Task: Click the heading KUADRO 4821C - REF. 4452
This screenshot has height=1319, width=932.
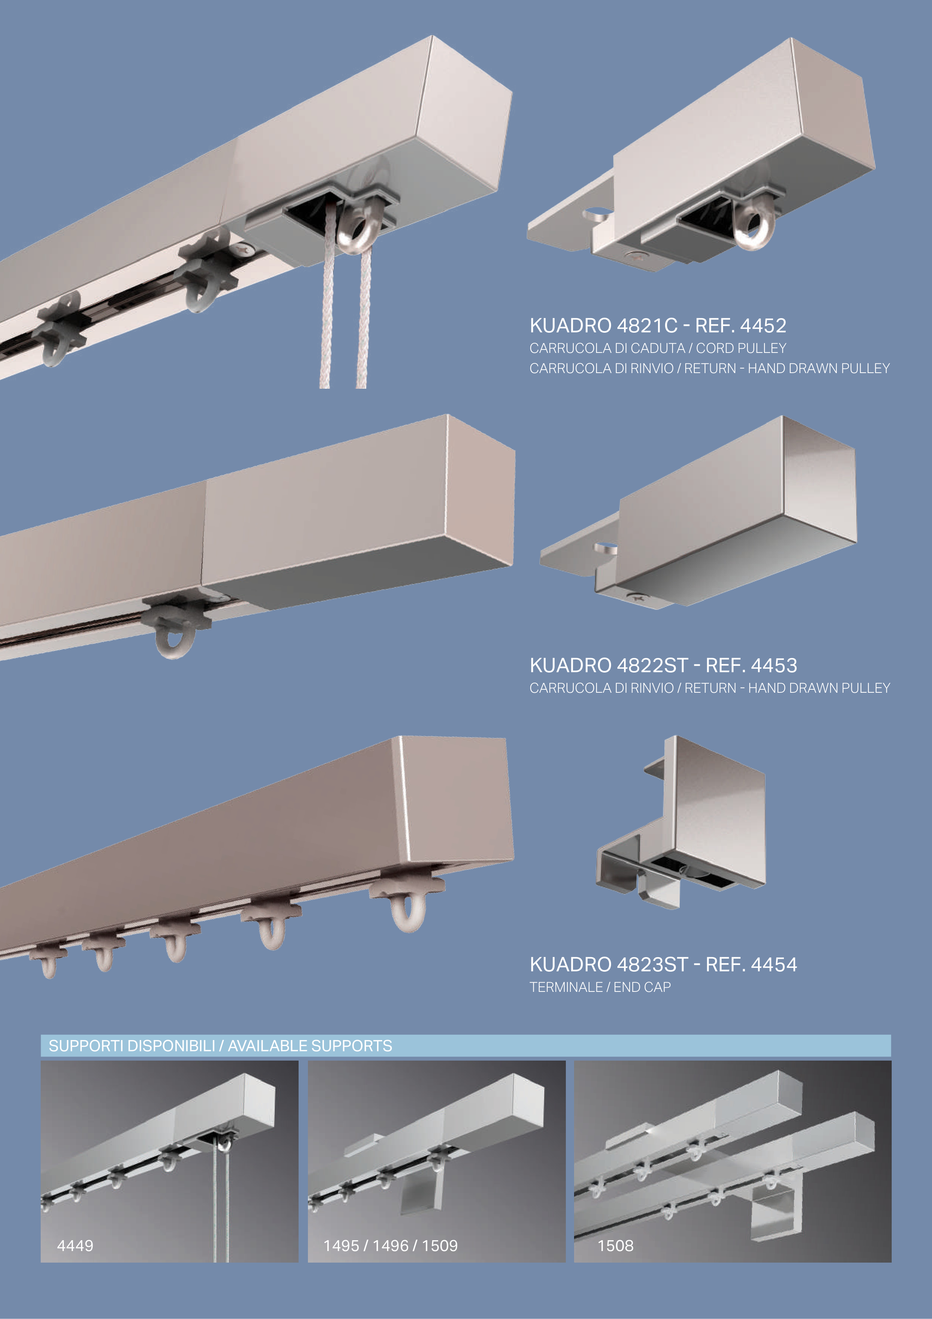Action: pyautogui.click(x=658, y=326)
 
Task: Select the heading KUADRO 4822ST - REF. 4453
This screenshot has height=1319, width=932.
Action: pyautogui.click(x=663, y=665)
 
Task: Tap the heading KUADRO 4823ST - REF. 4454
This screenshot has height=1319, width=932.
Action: pyautogui.click(x=663, y=965)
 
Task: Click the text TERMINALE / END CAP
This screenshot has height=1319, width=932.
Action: pyautogui.click(x=600, y=987)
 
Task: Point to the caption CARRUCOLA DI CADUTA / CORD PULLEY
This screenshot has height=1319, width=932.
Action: pyautogui.click(x=658, y=348)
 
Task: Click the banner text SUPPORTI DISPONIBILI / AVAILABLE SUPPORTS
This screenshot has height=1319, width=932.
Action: pyautogui.click(x=221, y=1046)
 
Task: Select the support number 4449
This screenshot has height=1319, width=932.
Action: pyautogui.click(x=75, y=1245)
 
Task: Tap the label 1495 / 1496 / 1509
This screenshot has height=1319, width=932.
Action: pyautogui.click(x=390, y=1245)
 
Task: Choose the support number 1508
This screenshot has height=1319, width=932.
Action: pyautogui.click(x=615, y=1245)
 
